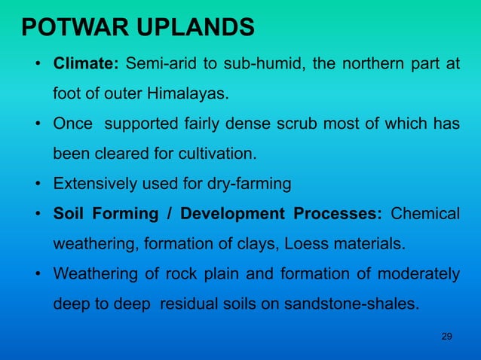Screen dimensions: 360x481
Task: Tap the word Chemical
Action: tap(430, 214)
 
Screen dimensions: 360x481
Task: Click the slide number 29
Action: tap(446, 335)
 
